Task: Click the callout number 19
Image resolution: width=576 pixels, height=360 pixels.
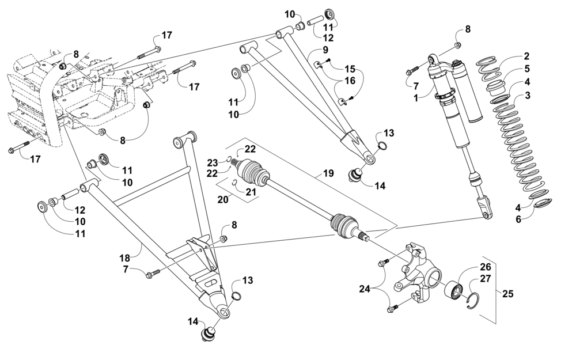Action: coord(328,173)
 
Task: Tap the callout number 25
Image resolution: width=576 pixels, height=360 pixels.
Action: coord(508,294)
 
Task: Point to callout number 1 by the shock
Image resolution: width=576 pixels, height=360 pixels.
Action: coord(416,99)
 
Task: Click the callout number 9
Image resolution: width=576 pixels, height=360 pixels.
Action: coord(325,50)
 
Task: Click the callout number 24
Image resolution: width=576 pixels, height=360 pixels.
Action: coord(366,290)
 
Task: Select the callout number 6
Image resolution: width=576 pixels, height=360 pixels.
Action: coord(518,219)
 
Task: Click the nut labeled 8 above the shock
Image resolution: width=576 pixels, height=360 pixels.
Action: coord(458,45)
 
